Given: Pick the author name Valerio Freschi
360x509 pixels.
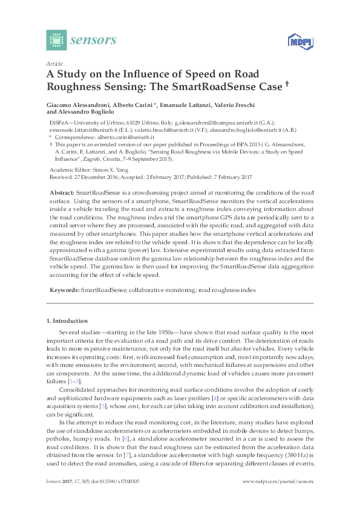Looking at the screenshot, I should [x=249, y=105].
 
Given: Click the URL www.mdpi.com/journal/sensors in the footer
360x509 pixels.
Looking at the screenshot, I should [x=277, y=481].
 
